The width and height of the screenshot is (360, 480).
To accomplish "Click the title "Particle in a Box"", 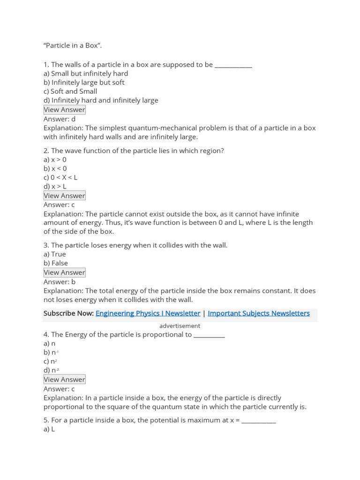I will (73, 45).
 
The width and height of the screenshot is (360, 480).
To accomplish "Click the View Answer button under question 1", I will (65, 110).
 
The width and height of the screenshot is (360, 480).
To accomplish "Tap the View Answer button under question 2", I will (65, 195).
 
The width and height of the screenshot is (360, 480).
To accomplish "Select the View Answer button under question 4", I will (65, 379).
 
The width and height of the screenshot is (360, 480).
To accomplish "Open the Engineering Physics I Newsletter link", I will (148, 313).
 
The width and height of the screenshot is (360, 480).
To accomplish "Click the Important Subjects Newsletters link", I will (258, 313).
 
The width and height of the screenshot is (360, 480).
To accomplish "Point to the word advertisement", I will (180, 326).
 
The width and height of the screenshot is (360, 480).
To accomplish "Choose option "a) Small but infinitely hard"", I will (86, 74).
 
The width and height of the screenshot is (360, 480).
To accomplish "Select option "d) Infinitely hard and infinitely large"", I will (101, 100).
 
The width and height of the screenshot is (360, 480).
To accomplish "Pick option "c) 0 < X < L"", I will (60, 178).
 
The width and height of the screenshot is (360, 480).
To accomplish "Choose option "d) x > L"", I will (55, 187).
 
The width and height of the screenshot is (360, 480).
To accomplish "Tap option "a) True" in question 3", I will (55, 254).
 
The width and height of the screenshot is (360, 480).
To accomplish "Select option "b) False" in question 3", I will (56, 263).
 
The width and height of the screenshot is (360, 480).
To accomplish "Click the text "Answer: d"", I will (60, 119).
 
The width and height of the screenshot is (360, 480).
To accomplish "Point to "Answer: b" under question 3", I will (60, 282).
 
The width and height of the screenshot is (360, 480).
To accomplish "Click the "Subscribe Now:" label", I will (68, 313).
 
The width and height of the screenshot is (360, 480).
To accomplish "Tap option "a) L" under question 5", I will (49, 429).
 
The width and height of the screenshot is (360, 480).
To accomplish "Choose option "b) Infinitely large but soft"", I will (84, 82).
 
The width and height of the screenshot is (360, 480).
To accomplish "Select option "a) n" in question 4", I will (50, 344).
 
